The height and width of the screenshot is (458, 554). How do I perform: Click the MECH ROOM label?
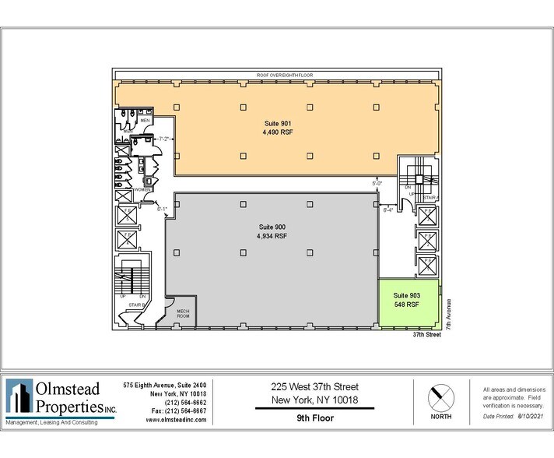183,314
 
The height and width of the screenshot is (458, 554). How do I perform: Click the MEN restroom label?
146,121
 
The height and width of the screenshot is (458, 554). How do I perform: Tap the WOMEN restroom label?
142,189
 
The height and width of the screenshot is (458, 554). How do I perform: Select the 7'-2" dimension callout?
164,139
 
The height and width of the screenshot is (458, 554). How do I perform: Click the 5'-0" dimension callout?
377,183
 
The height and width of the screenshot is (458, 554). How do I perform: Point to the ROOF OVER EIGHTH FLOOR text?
279,75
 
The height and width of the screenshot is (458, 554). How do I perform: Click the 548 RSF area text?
407,305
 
